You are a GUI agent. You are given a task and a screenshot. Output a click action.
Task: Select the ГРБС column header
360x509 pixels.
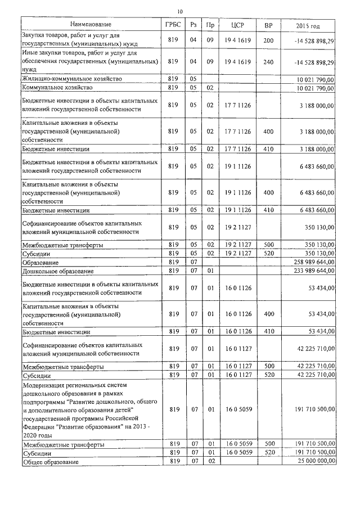[x=173, y=25]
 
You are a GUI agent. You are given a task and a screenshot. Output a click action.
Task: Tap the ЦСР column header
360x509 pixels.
[x=237, y=25]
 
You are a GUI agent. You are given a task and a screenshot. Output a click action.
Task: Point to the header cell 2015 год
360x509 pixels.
[x=308, y=25]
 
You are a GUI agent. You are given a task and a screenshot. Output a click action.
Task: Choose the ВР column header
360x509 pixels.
[x=268, y=25]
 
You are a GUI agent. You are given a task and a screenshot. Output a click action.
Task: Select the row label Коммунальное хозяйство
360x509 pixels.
[x=57, y=88]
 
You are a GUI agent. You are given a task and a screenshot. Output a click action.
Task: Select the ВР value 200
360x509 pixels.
[x=268, y=40]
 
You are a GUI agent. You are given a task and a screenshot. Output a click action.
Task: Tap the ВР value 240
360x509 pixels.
[x=268, y=61]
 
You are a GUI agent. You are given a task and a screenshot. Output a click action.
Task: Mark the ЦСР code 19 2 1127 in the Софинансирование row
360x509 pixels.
[x=237, y=227]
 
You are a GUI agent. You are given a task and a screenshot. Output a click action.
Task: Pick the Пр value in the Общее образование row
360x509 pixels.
[x=210, y=461]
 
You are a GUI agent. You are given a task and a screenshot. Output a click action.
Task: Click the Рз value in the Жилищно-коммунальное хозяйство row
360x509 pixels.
[x=193, y=79]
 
